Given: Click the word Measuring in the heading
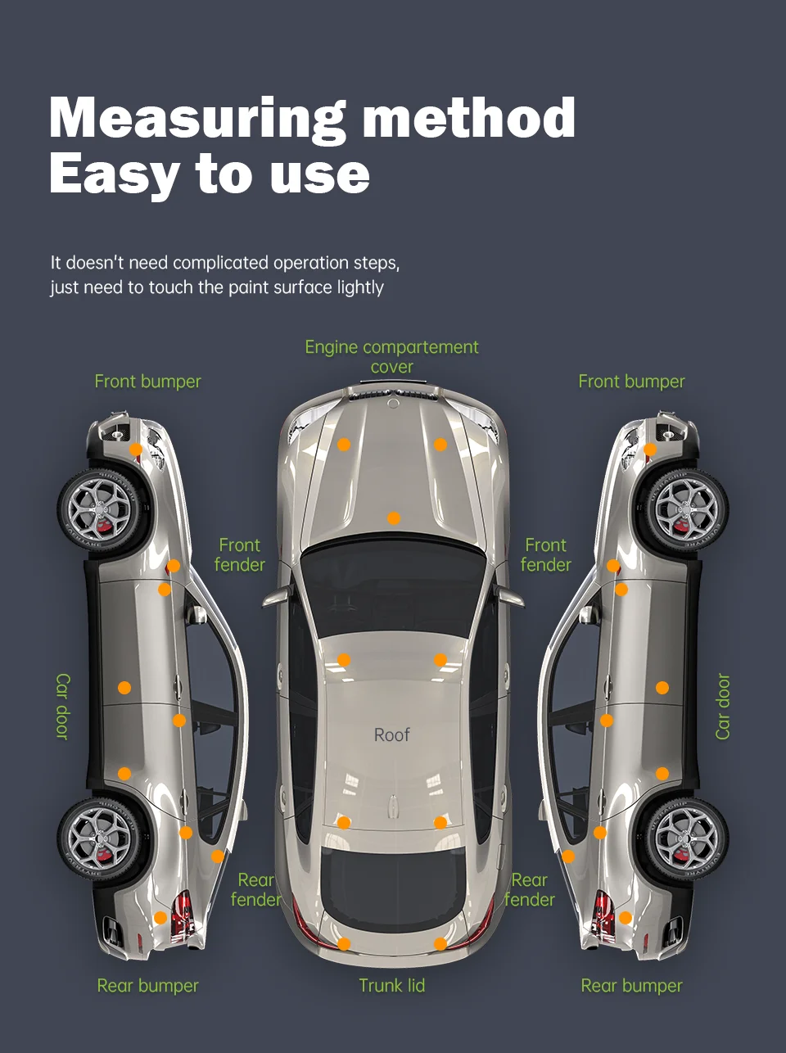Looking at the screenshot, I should pyautogui.click(x=197, y=119).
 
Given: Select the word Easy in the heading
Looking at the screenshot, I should pyautogui.click(x=114, y=174).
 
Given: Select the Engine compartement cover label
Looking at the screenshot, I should pyautogui.click(x=391, y=357).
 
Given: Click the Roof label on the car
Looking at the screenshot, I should pyautogui.click(x=391, y=735).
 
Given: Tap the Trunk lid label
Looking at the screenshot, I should pyautogui.click(x=391, y=986).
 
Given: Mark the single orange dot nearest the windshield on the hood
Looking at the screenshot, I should pyautogui.click(x=394, y=518).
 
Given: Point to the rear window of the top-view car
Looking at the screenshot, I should pyautogui.click(x=391, y=888).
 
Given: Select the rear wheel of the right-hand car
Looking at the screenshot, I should pyautogui.click(x=686, y=838).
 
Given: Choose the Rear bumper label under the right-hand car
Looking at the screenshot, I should pyautogui.click(x=631, y=986).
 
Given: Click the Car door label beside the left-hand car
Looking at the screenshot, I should pyautogui.click(x=63, y=707).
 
